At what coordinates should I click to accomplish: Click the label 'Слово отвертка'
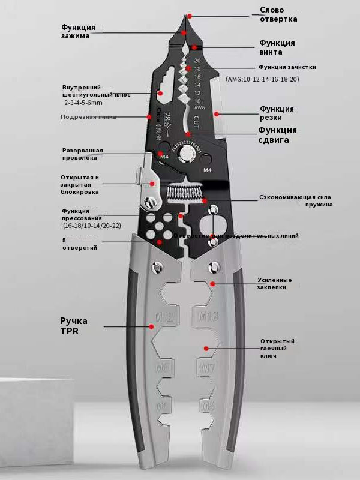[x=278, y=14]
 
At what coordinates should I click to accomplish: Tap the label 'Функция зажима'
[x=78, y=31]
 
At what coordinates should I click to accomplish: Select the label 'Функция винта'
[x=277, y=47]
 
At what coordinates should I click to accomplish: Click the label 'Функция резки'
[x=277, y=113]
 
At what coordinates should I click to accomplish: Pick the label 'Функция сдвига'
[x=277, y=135]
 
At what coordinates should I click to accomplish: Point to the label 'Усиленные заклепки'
[x=275, y=283]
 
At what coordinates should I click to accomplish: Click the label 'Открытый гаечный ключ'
[x=277, y=349]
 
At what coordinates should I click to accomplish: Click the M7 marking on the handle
[x=206, y=367]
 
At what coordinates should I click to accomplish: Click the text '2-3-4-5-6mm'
[x=83, y=103]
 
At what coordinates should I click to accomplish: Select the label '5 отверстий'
[x=79, y=244]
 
